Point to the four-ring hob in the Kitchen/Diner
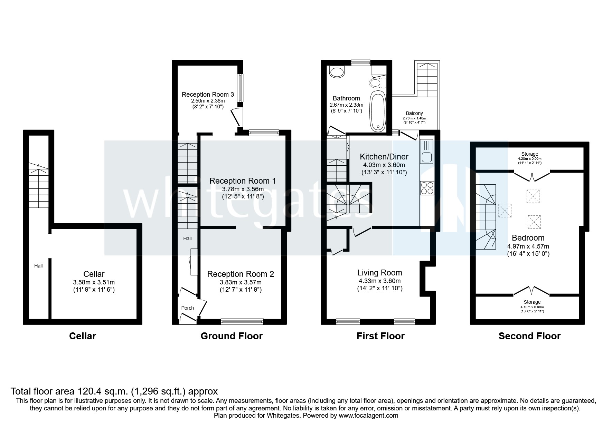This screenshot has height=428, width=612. (x=427, y=188)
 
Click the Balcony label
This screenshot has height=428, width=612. (x=414, y=113)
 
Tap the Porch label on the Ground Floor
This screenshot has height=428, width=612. (x=188, y=308)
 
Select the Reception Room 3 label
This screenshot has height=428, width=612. (x=208, y=95)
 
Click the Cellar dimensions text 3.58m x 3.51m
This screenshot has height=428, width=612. (x=94, y=282)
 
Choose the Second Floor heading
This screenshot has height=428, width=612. (x=529, y=336)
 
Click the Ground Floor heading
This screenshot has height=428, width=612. (x=232, y=336)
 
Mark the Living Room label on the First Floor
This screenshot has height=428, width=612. (x=380, y=273)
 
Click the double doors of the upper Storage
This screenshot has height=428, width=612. (x=532, y=176)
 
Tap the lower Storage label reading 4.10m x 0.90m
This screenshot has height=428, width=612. (x=532, y=307)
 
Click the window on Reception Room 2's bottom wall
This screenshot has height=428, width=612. (x=242, y=322)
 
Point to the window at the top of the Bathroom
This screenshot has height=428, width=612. (x=360, y=63)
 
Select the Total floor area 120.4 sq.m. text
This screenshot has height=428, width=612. (x=114, y=391)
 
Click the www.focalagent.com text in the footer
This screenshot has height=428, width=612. (x=368, y=416)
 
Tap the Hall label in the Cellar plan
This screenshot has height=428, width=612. (x=38, y=266)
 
